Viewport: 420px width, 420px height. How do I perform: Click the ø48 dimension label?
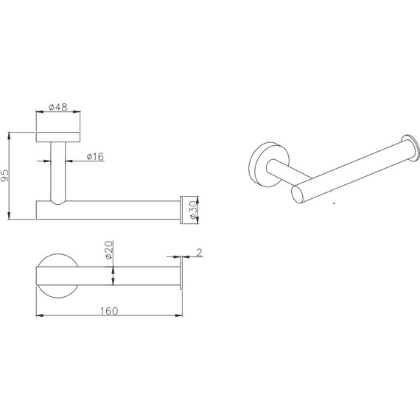[58, 108]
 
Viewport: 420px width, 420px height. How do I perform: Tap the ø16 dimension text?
[95, 156]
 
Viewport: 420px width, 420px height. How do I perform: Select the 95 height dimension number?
[5, 175]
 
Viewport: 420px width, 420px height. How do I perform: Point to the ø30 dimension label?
[193, 210]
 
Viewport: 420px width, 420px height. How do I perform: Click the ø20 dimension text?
[109, 250]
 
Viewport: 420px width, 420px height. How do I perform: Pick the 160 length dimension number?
[109, 311]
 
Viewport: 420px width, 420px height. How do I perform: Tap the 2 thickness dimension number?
[199, 252]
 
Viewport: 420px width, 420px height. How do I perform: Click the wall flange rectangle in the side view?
[58, 137]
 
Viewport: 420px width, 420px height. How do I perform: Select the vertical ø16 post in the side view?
[58, 172]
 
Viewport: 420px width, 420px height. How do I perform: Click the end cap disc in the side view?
[181, 210]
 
